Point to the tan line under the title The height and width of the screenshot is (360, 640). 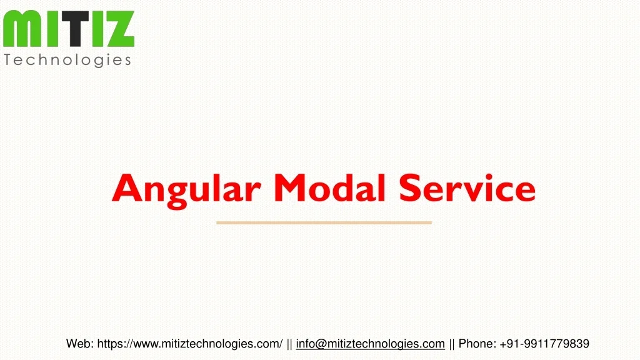click(324, 222)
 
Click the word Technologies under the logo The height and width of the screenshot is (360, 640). click(67, 60)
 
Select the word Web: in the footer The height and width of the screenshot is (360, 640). click(80, 343)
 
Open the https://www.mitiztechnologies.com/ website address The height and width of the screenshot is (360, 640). click(190, 343)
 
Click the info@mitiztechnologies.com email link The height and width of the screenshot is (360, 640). click(370, 343)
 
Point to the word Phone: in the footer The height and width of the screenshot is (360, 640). click(478, 343)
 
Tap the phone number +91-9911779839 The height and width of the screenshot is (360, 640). click(544, 343)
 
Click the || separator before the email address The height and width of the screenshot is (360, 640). click(290, 343)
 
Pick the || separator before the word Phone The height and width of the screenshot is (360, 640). click(452, 343)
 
